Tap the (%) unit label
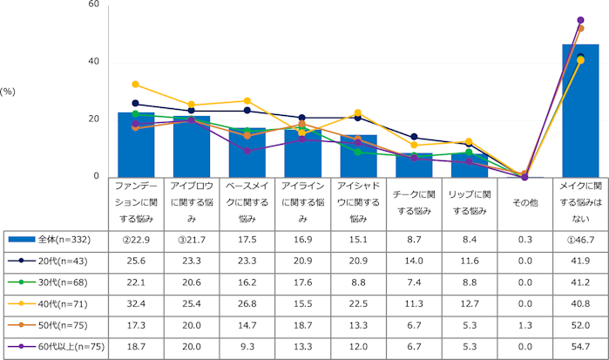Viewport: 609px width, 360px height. (10, 91)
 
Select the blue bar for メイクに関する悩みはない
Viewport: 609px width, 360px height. (580, 111)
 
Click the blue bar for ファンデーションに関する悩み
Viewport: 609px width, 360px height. (135, 145)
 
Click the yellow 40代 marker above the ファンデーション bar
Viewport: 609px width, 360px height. (135, 85)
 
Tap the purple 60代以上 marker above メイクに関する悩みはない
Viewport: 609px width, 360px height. (580, 20)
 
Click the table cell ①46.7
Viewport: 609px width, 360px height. (580, 238)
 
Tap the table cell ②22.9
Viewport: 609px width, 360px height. (135, 238)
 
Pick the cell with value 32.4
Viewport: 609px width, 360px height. (135, 303)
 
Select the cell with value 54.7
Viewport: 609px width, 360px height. (580, 347)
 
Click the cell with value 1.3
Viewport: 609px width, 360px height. (524, 325)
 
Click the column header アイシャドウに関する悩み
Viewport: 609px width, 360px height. (357, 201)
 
